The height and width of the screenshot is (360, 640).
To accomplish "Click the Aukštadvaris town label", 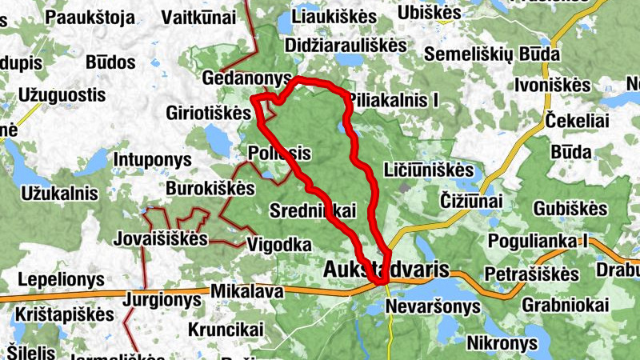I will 386,270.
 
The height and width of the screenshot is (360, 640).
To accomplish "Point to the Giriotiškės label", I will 209,113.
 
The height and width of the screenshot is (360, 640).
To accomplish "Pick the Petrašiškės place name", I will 531,274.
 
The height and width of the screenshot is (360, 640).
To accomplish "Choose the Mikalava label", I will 246,292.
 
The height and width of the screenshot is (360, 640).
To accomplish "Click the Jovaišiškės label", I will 161,239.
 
